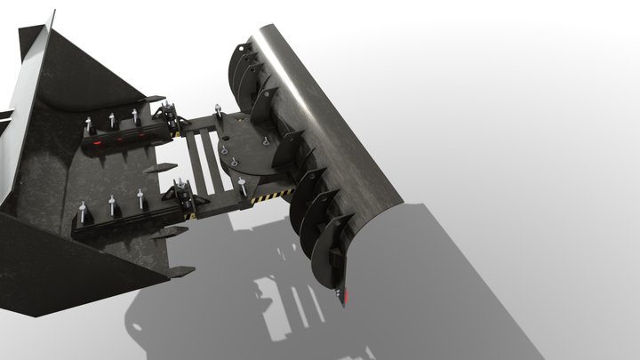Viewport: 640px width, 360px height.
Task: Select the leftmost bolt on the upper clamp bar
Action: point(91,123)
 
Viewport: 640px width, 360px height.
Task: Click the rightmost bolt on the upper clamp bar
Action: point(134,116)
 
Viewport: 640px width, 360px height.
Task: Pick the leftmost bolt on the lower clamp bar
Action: point(83,213)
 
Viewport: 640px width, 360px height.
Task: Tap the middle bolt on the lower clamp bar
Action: point(112,205)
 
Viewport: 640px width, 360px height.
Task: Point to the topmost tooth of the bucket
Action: point(155,98)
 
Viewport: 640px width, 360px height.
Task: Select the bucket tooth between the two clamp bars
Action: point(154,167)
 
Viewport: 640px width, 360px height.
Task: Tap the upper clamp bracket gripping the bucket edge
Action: point(166,116)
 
